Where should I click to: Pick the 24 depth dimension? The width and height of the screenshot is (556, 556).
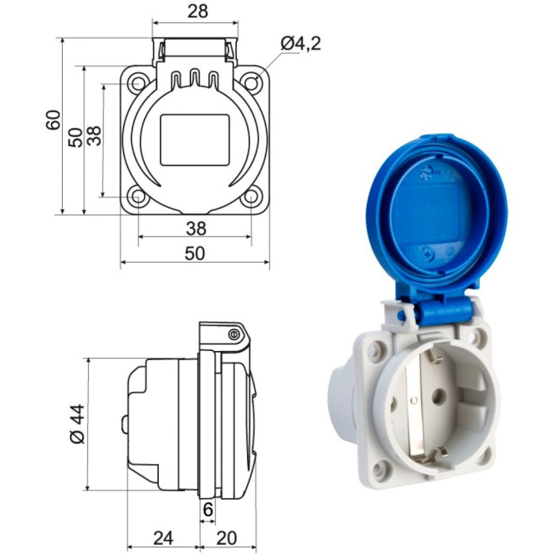point(163,538)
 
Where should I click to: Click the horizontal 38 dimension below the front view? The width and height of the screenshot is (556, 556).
point(195,229)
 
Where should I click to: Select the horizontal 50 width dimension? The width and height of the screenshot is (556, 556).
point(195,253)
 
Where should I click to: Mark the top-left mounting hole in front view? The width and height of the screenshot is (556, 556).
point(138,82)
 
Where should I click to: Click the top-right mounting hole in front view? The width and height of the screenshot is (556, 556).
point(251,82)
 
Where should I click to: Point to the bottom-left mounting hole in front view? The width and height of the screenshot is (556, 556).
point(138,196)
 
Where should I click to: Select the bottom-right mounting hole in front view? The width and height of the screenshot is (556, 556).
point(251,196)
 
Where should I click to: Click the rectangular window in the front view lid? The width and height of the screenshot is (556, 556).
point(195,140)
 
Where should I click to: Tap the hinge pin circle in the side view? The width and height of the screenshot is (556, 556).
point(234,334)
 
